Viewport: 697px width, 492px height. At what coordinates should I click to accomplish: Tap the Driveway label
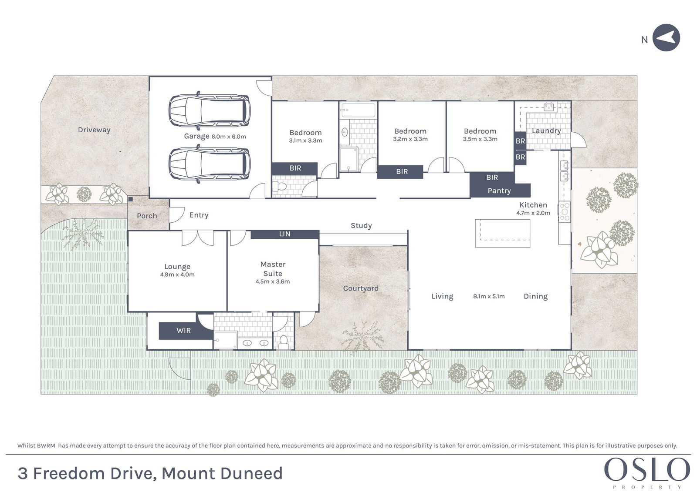click(x=94, y=130)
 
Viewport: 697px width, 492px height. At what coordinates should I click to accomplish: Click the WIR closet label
click(x=183, y=330)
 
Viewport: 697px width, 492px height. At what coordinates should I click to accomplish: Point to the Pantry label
click(x=499, y=191)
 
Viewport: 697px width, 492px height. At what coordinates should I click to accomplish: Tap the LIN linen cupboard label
click(x=285, y=234)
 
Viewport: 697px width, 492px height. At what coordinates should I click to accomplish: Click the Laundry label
click(x=546, y=131)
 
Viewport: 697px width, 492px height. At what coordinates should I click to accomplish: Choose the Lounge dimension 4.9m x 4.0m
click(x=177, y=274)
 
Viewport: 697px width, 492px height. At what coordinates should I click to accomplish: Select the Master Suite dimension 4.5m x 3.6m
click(x=273, y=281)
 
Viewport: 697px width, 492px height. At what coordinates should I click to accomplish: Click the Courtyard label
click(x=361, y=288)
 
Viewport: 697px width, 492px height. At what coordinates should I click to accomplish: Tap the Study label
click(x=361, y=226)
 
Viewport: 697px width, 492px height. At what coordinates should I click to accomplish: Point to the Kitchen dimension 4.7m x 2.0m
click(x=533, y=213)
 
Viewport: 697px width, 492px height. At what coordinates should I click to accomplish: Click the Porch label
click(x=147, y=216)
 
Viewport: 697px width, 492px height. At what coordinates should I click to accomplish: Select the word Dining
click(x=535, y=297)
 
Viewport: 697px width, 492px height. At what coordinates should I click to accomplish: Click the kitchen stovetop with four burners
click(x=565, y=212)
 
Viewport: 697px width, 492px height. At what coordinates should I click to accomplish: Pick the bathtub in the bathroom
click(x=359, y=110)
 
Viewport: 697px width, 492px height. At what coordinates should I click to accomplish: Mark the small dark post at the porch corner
click(x=131, y=199)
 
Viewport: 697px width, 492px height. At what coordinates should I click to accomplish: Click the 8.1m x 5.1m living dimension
click(x=489, y=297)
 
